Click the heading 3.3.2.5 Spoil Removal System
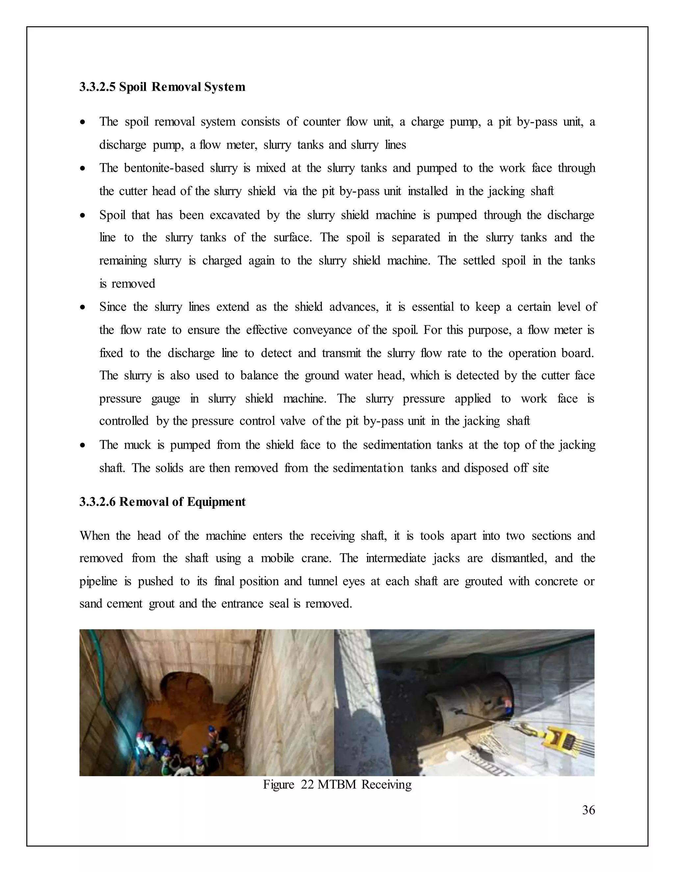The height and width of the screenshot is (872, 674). click(162, 87)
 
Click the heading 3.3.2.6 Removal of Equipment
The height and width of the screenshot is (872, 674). click(162, 502)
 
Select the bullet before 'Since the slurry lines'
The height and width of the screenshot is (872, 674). click(83, 307)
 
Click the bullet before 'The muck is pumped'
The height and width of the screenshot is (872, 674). click(83, 445)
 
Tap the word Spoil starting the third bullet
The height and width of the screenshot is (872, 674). click(112, 215)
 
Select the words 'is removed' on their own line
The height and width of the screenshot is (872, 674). click(127, 284)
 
